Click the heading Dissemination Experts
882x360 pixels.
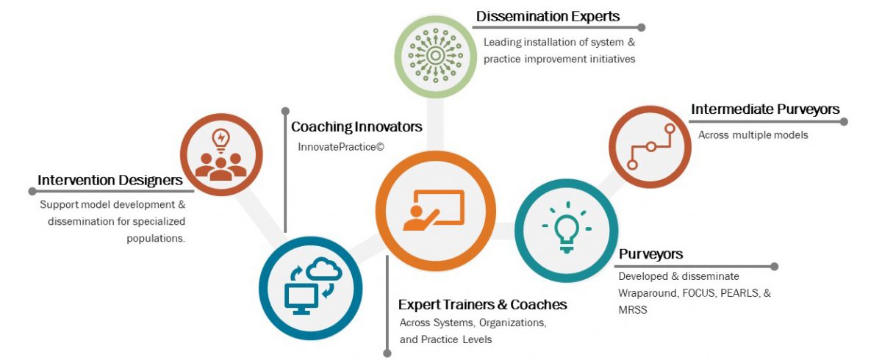coord(548,16)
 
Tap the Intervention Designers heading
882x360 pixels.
coord(110,180)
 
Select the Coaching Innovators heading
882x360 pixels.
coord(356,127)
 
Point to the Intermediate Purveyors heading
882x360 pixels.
coord(764,109)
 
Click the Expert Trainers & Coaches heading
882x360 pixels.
coord(482,304)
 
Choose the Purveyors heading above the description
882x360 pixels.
coord(650,254)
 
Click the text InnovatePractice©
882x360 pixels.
coord(341,147)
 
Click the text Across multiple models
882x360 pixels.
coord(742,135)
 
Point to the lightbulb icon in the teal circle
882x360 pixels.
coord(566,230)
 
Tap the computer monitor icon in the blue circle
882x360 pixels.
coord(301,298)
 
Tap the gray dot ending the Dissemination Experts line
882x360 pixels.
coord(641,28)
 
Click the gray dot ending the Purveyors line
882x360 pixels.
coord(774,266)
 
